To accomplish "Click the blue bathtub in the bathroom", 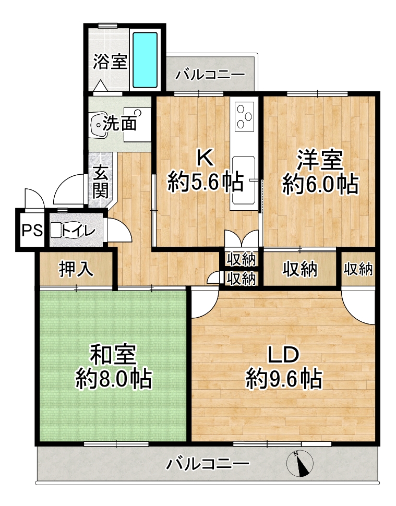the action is [x=145, y=61].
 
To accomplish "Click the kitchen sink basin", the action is [x=244, y=180].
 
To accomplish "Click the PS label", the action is [x=32, y=231].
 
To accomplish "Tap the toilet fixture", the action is [x=67, y=231].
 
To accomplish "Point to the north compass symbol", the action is [x=300, y=463].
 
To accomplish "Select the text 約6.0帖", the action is [x=320, y=184].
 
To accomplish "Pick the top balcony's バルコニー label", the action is [x=210, y=75].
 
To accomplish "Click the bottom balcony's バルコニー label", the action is [x=208, y=464].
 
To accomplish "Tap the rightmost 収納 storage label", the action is [x=358, y=269].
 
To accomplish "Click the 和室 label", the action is [x=113, y=354].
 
